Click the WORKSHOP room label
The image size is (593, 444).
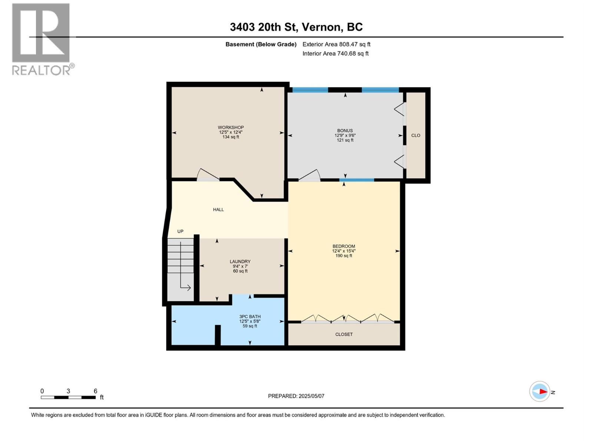click(231, 127)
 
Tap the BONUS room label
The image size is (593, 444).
click(345, 131)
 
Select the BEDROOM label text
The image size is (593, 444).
click(344, 246)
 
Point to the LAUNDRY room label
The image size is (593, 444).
click(240, 262)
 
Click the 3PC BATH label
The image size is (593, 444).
click(250, 317)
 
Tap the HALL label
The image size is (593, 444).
click(218, 209)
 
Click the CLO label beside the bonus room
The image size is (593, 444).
click(415, 135)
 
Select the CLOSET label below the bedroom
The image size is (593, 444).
click(344, 334)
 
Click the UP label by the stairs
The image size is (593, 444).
click(180, 231)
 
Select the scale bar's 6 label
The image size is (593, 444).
click(95, 391)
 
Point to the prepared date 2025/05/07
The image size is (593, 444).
click(311, 396)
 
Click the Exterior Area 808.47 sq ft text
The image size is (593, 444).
click(337, 44)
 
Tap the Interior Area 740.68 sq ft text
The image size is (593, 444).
click(335, 53)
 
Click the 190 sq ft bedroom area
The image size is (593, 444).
click(344, 256)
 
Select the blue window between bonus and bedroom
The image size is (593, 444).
click(357, 180)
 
